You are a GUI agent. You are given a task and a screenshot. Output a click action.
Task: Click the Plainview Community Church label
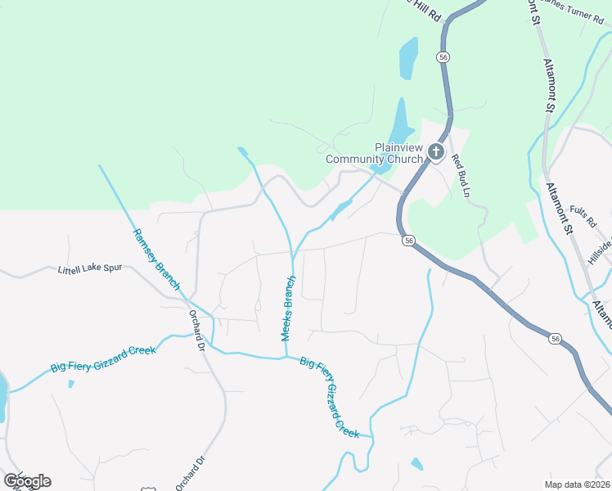(x=375, y=153)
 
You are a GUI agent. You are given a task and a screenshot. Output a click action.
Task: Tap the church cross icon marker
(x=436, y=151)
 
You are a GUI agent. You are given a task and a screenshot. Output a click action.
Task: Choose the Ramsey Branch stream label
(x=157, y=259)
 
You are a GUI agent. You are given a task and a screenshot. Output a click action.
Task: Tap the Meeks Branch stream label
(x=288, y=309)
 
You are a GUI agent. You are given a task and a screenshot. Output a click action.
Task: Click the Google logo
(x=27, y=481)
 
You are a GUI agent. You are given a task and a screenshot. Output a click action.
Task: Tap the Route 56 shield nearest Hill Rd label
(x=443, y=57)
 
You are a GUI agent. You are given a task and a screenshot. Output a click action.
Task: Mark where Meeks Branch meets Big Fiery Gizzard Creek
(x=286, y=356)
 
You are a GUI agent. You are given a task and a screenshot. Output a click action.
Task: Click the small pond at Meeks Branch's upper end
(x=242, y=151)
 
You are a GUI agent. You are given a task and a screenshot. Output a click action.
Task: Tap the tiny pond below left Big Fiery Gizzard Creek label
(x=71, y=383)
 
